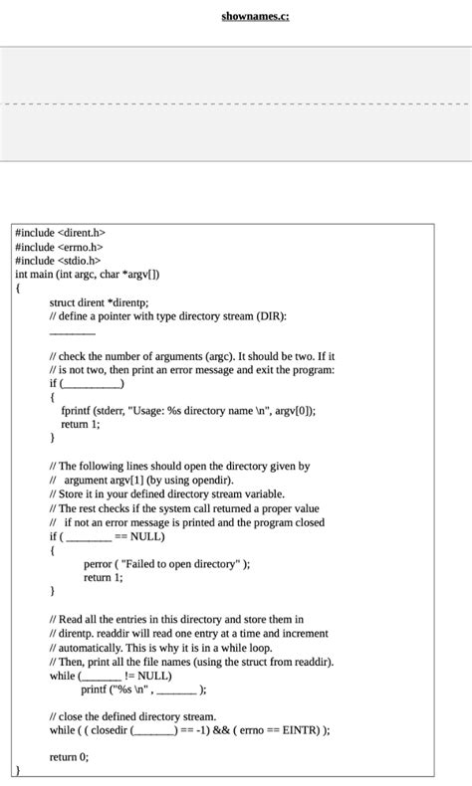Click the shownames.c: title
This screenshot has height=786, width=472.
[x=256, y=16]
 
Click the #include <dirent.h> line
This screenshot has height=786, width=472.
[x=60, y=232]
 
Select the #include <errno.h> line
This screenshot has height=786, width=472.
[x=59, y=246]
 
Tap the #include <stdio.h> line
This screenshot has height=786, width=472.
[x=58, y=260]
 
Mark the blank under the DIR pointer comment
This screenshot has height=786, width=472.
[x=72, y=330]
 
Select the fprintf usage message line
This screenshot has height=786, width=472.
[x=188, y=410]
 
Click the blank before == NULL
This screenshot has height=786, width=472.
[x=89, y=536]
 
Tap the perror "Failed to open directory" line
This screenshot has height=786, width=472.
[x=167, y=563]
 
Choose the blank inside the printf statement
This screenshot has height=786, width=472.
[x=177, y=688]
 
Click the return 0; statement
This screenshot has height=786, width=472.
[x=69, y=756]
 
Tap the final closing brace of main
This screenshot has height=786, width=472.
[x=17, y=770]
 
